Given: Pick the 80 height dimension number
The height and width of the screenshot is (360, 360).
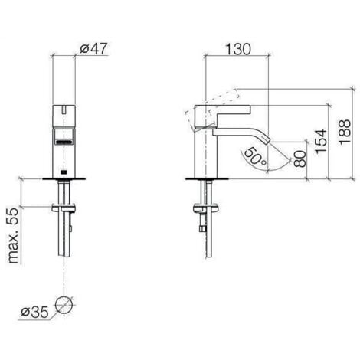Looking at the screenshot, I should [301, 160].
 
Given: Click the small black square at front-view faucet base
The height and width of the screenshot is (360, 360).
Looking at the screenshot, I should [64, 171].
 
